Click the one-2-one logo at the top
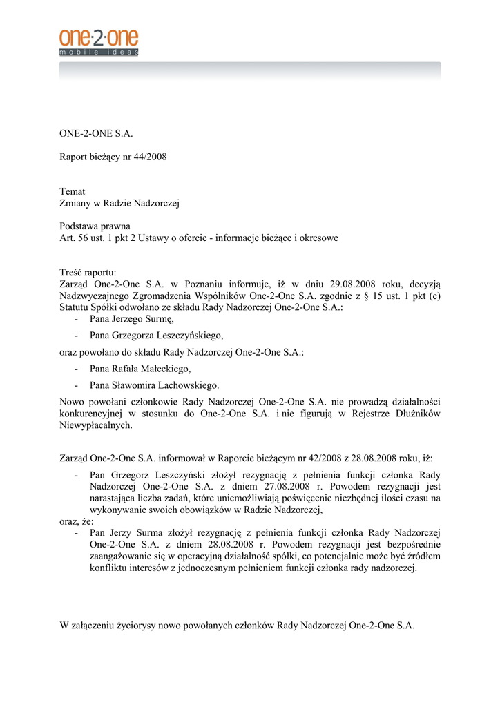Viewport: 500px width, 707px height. point(99,42)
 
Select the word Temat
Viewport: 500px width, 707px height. point(73,191)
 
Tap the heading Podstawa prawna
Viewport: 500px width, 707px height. point(95,226)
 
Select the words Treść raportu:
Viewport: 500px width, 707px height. point(88,272)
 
